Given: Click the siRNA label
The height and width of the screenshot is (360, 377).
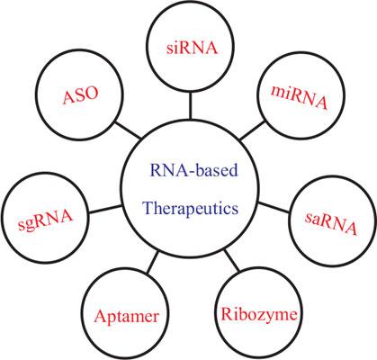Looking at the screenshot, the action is click(x=192, y=48).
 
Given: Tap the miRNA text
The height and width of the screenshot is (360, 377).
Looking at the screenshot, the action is click(x=299, y=98).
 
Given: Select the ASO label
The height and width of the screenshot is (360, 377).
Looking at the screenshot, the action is click(x=80, y=95).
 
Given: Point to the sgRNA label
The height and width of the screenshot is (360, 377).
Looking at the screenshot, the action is click(x=45, y=220).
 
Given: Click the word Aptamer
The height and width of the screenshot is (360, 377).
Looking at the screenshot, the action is click(x=126, y=316).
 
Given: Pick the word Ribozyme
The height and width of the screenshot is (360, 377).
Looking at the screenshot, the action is click(x=259, y=315).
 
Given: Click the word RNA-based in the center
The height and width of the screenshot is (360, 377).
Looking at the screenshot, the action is click(x=193, y=170).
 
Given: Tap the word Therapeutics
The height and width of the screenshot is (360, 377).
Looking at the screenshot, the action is click(x=191, y=208).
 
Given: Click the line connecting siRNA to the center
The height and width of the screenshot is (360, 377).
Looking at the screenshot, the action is click(x=190, y=105).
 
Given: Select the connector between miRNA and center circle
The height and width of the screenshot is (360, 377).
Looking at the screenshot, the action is click(x=253, y=130).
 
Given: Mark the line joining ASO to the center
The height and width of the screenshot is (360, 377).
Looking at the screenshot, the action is click(x=128, y=130).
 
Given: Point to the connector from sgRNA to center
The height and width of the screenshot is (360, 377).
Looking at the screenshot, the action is click(x=105, y=210).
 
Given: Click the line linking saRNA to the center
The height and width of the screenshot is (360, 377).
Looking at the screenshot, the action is click(x=274, y=208).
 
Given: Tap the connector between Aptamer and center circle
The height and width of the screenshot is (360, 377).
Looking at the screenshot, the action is click(x=153, y=262).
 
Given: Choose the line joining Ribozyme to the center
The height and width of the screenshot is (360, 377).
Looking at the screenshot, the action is click(x=232, y=260).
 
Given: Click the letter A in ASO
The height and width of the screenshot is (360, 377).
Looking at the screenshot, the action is click(x=68, y=98).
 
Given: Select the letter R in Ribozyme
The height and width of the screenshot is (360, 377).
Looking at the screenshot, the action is click(x=227, y=314).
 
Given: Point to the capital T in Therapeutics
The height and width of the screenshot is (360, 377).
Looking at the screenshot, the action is click(x=148, y=208).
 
